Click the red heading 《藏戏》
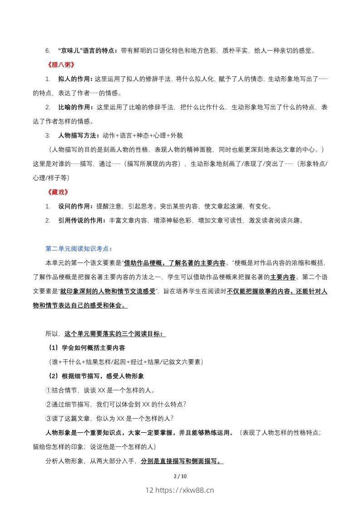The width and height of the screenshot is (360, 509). click(58, 192)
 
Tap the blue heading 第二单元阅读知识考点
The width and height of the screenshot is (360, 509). click(79, 249)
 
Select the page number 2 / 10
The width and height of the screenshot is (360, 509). click(180, 476)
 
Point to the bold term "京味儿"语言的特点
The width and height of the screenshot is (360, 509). click(88, 50)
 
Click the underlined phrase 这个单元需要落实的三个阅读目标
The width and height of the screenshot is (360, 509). click(114, 334)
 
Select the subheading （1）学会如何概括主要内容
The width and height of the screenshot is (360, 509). click(86, 348)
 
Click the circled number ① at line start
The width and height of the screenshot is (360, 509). click(49, 390)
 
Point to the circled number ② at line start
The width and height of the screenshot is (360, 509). click(49, 404)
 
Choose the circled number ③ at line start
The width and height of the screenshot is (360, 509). click(49, 418)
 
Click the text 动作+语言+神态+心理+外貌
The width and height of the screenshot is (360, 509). click(143, 136)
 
